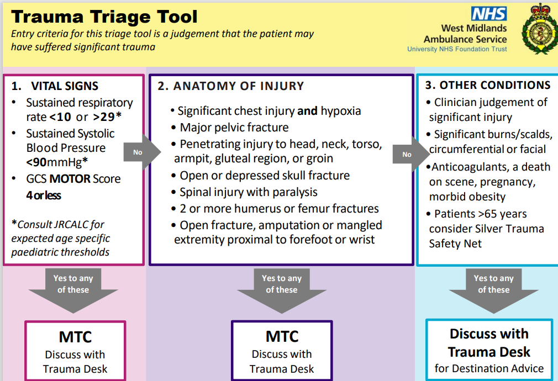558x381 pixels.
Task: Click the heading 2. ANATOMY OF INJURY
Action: click(230, 86)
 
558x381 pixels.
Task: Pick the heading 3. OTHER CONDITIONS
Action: click(488, 85)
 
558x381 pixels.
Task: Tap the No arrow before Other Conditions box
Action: click(408, 154)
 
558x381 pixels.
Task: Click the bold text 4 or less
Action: click(44, 195)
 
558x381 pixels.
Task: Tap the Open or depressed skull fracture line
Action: click(264, 176)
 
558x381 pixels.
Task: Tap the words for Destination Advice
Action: click(489, 368)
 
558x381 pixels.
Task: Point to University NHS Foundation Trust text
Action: click(457, 49)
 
